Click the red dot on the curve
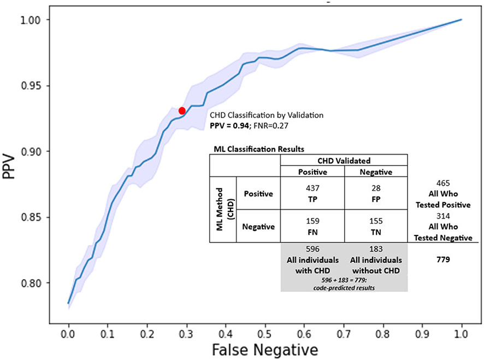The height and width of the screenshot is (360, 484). point(182,111)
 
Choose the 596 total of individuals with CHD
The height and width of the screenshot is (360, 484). point(312,249)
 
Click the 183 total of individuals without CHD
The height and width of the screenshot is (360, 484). point(376,249)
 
